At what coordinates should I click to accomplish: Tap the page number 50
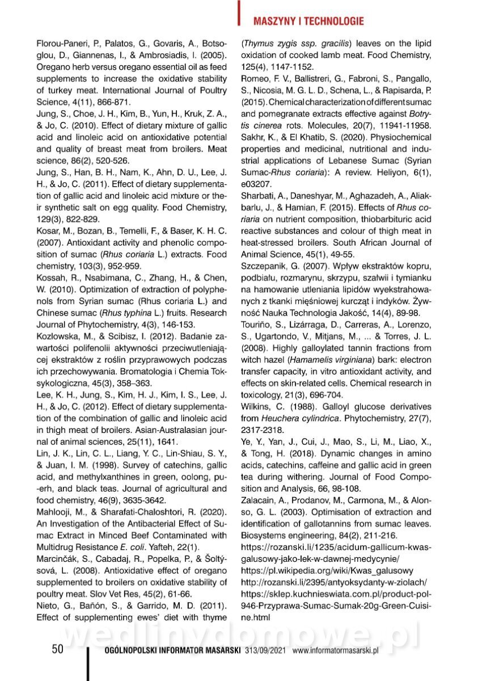(x=57, y=649)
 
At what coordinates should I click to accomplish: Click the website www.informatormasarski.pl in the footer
(x=335, y=650)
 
